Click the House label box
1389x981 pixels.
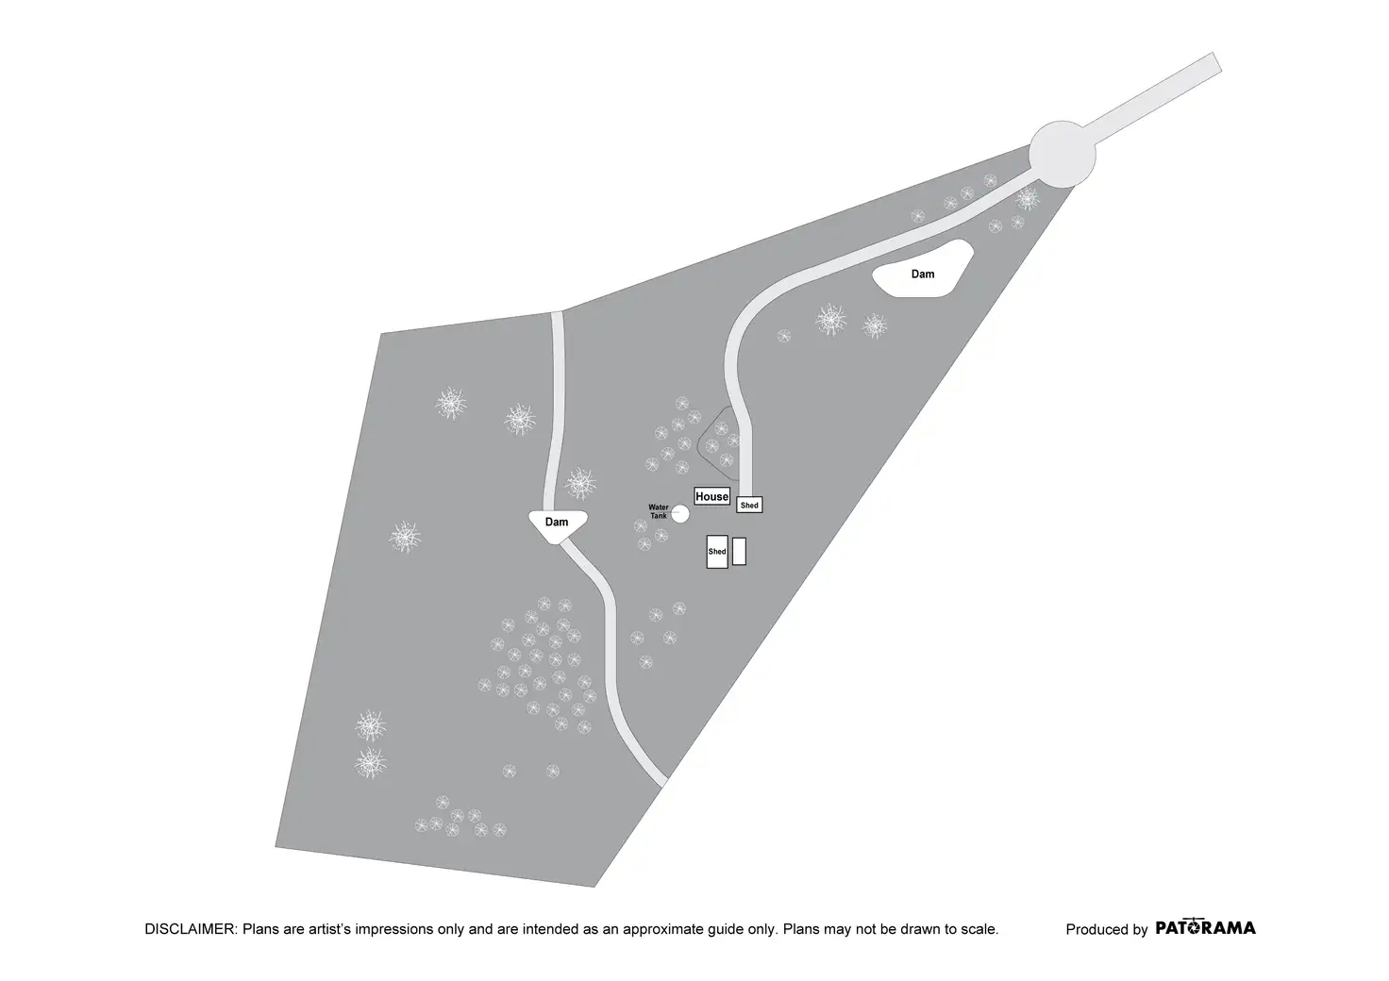click(x=711, y=496)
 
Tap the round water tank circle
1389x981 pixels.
click(x=680, y=514)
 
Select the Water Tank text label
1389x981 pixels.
click(x=659, y=511)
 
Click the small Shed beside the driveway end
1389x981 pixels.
click(x=749, y=505)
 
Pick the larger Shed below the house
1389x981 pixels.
click(x=717, y=552)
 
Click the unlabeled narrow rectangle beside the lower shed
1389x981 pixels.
click(x=739, y=552)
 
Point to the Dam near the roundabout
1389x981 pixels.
click(x=922, y=270)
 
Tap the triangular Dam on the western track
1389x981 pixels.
click(x=558, y=525)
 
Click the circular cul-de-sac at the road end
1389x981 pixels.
click(x=1063, y=155)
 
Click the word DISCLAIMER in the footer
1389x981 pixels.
click(x=191, y=929)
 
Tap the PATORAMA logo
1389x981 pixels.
click(x=1205, y=927)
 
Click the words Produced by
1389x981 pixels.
click(x=1107, y=929)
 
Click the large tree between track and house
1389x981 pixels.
click(x=580, y=483)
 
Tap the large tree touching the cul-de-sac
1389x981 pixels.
click(x=1028, y=198)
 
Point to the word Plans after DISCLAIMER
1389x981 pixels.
click(x=258, y=929)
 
